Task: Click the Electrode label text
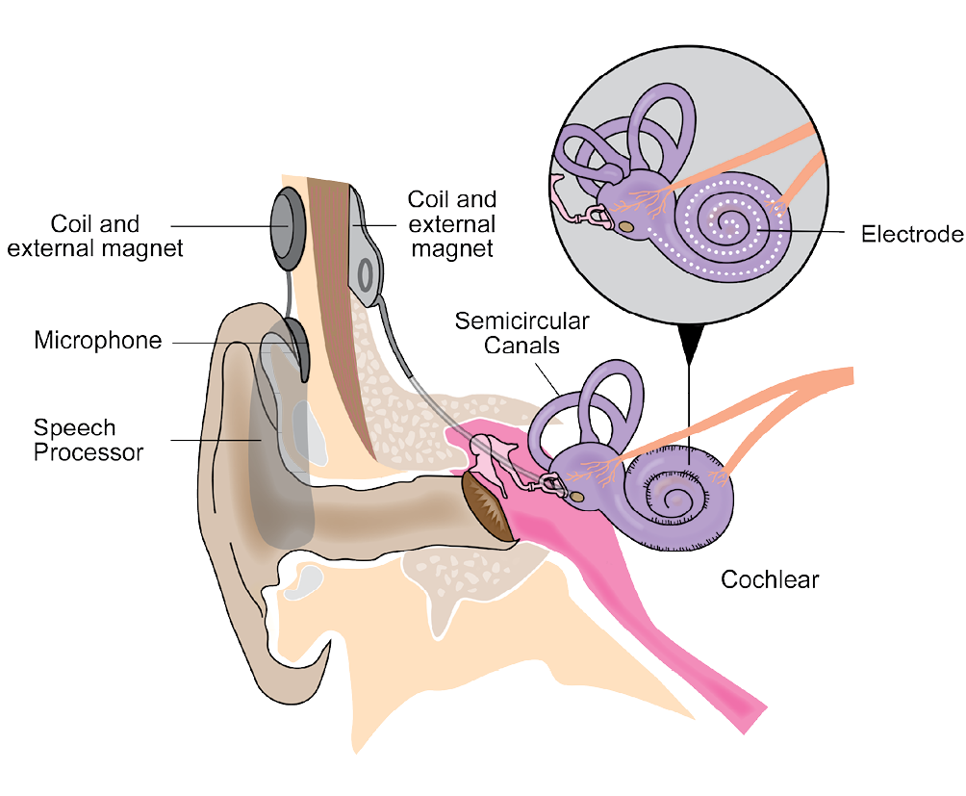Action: [910, 234]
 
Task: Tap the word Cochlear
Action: [770, 579]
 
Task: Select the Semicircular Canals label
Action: [521, 332]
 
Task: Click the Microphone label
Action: [98, 341]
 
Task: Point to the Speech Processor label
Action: [89, 440]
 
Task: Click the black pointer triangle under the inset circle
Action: [689, 343]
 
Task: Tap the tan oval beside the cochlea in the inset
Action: [626, 226]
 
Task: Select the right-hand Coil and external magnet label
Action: [452, 223]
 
